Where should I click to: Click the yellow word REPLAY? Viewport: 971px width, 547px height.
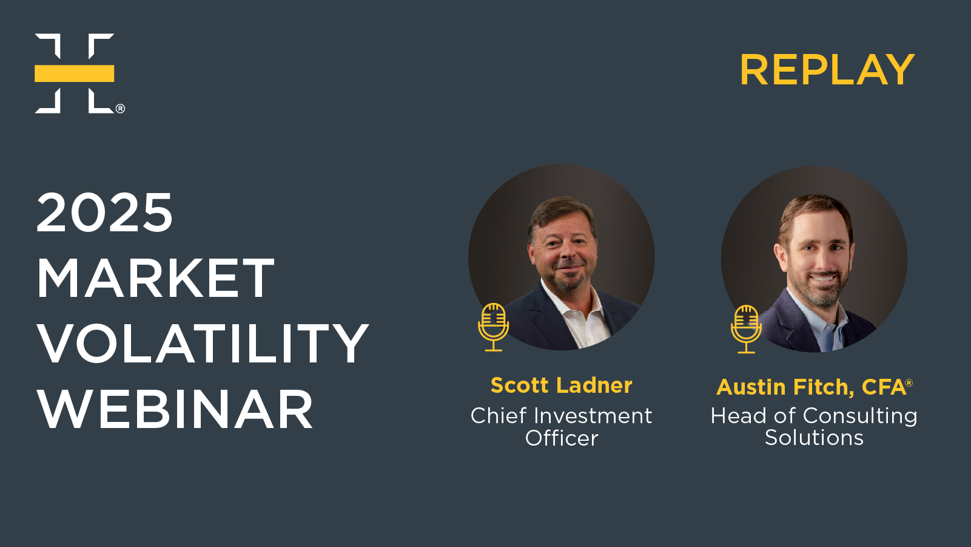(x=827, y=70)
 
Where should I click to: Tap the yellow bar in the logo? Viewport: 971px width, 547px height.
(x=75, y=73)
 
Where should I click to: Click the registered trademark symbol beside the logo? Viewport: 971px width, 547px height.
(x=120, y=109)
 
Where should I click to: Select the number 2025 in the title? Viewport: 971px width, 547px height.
(x=104, y=212)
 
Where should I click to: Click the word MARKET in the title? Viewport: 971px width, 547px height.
(x=156, y=277)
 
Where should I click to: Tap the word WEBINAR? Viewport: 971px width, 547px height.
(x=175, y=409)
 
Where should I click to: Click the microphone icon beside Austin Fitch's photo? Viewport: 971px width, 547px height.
(x=746, y=329)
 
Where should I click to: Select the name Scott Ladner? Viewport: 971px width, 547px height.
(x=562, y=385)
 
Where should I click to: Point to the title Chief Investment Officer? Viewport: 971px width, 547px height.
(x=562, y=427)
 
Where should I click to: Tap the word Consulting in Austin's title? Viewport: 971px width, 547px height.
(x=860, y=416)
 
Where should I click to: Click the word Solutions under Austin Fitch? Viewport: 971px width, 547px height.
(x=814, y=437)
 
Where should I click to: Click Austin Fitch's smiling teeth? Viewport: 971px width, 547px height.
(x=822, y=277)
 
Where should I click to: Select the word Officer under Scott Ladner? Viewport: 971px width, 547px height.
(x=562, y=438)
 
